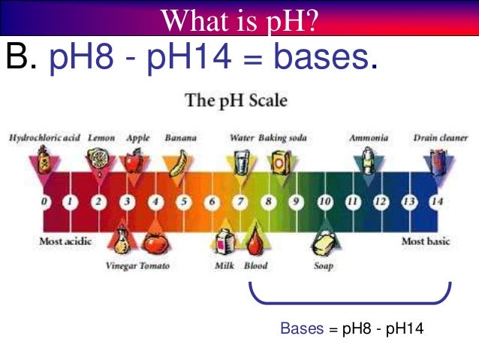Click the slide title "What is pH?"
pos(239,18)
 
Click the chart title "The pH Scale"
pos(236,100)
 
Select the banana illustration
pos(179,162)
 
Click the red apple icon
pos(134,161)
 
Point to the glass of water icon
pos(242,162)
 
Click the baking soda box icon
pos(281,162)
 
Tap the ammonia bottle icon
pos(368,161)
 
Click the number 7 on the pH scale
pos(241,201)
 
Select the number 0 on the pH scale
pos(45,201)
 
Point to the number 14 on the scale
pos(437,201)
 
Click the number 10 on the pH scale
pos(325,201)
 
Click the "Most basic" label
pos(424,241)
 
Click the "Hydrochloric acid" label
pos(44,138)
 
